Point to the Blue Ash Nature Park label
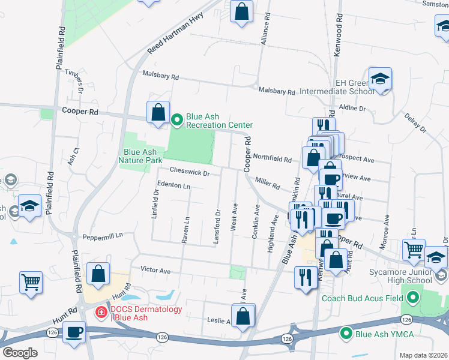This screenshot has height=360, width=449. point(140,157)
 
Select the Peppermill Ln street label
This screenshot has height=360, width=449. point(103,235)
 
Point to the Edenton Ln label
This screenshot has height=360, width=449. point(173,186)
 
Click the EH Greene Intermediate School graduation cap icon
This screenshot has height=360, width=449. point(380,79)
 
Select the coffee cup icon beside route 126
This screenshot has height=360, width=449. point(74,332)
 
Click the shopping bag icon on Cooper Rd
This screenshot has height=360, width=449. point(158,112)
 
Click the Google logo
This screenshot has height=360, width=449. point(20,353)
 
